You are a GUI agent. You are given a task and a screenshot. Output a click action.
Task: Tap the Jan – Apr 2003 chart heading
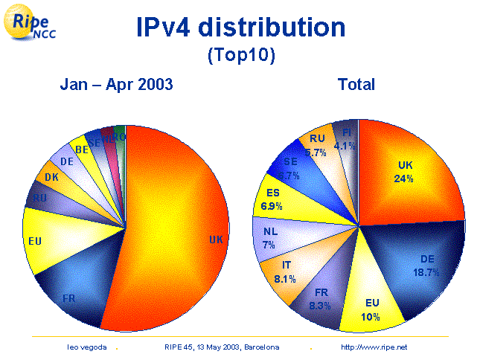coord(117,85)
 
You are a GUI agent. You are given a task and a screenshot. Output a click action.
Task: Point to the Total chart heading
coord(356,85)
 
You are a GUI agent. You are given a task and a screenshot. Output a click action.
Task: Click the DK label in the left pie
coord(51,178)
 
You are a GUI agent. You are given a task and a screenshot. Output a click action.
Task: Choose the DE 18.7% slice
coord(424,264)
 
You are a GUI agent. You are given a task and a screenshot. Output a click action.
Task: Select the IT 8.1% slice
coord(286,272)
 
